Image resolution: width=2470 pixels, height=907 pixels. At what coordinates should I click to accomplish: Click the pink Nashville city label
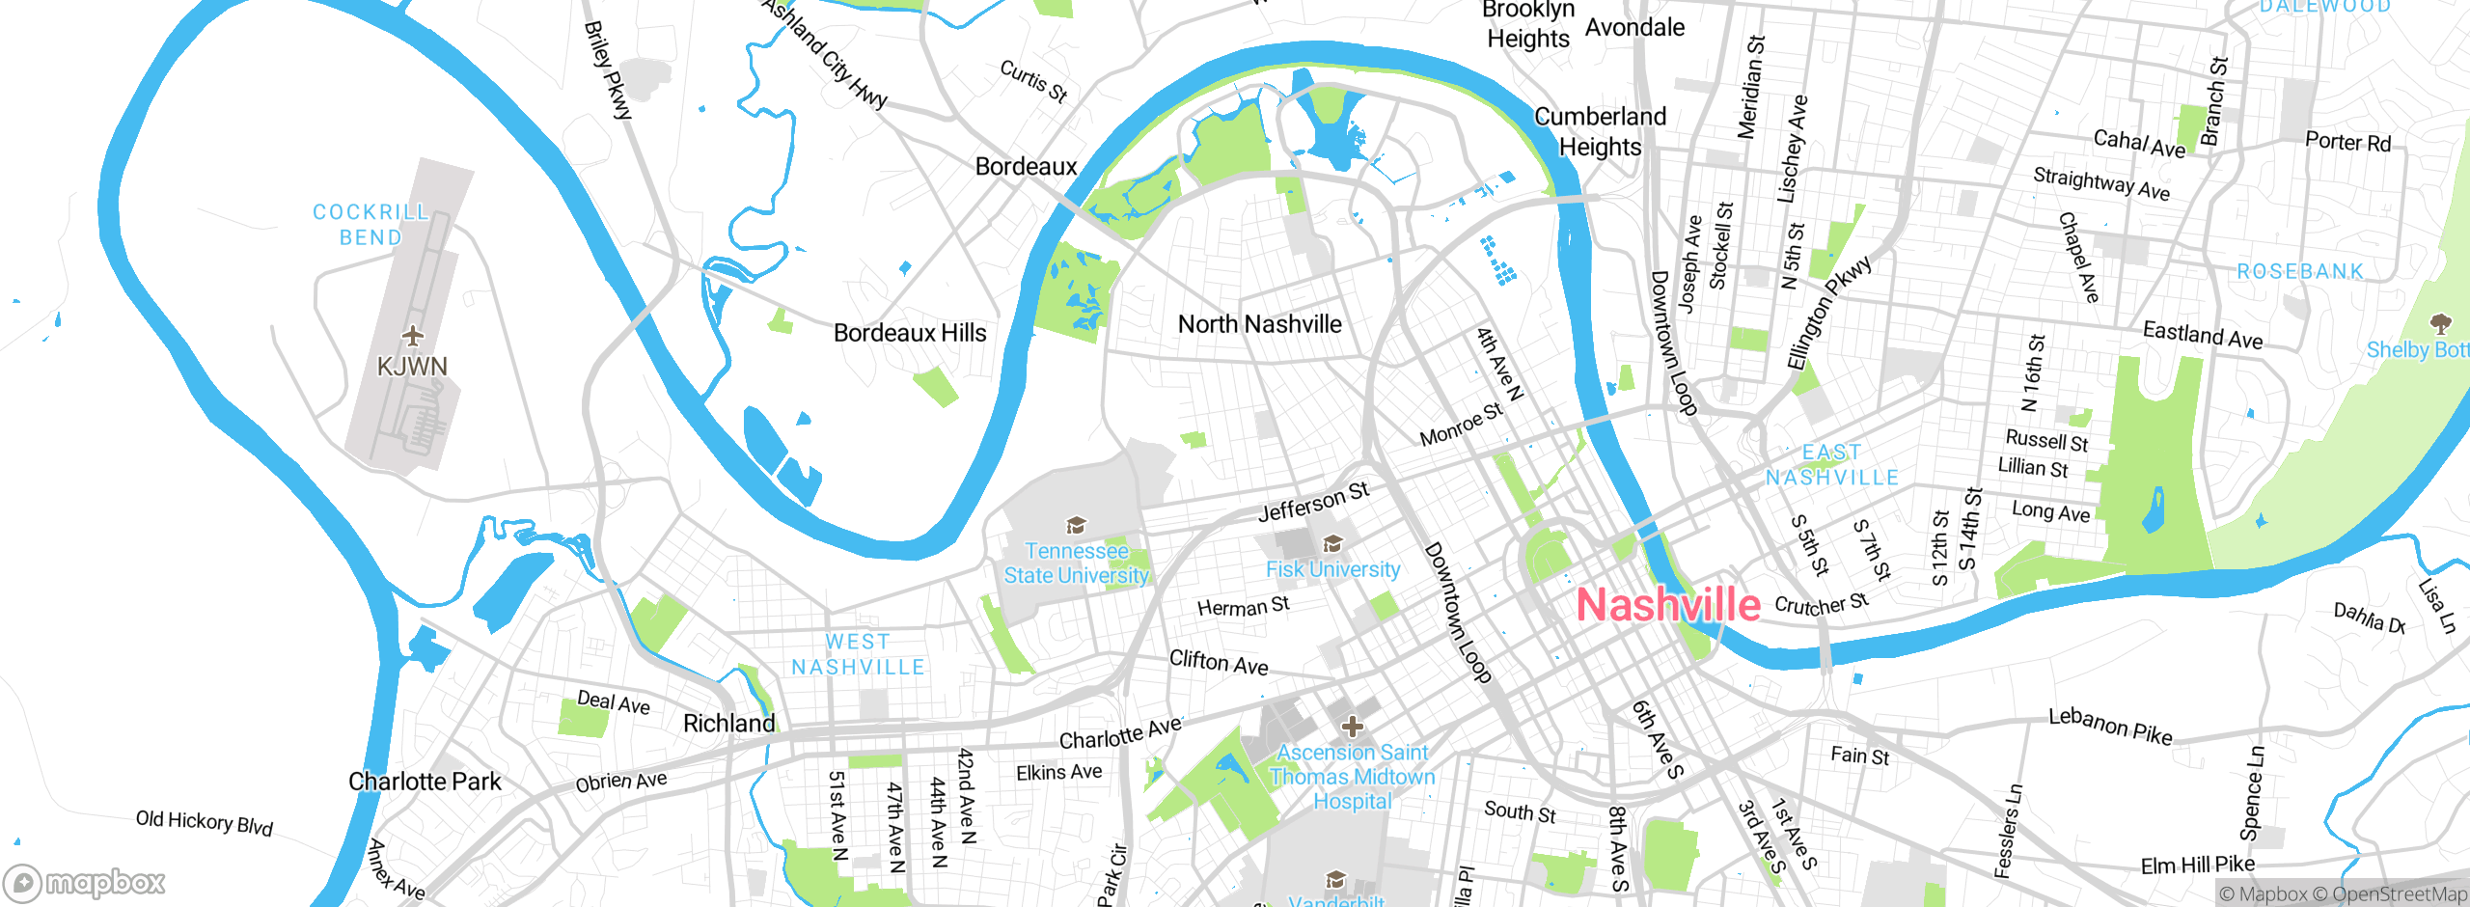coord(1667,605)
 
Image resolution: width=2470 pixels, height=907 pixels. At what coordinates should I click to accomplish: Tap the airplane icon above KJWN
coord(413,336)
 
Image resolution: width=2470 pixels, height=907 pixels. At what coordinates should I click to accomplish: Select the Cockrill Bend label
coord(370,225)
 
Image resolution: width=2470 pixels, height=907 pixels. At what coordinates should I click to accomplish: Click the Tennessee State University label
coord(1077,563)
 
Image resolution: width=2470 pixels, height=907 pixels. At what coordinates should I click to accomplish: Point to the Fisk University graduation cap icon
coord(1332,543)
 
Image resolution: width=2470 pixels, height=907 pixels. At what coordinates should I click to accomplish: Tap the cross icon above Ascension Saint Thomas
coord(1353,726)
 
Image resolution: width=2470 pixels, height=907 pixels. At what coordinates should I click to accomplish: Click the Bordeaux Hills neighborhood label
coord(910,333)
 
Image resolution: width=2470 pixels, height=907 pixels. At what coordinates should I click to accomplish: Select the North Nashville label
coord(1259,324)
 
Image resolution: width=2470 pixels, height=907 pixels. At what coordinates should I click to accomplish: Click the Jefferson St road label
coord(1313,503)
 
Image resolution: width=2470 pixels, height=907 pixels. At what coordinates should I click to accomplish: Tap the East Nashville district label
coord(1832,465)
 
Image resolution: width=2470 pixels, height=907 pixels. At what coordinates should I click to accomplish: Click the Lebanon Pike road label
coord(2110,726)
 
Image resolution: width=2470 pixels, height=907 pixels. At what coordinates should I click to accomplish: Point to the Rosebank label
coord(2300,272)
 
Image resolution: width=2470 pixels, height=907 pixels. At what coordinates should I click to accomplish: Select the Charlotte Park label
coord(425,782)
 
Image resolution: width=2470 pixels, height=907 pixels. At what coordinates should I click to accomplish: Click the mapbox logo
coord(85,883)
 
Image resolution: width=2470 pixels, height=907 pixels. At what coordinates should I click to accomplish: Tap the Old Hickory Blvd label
coord(205,823)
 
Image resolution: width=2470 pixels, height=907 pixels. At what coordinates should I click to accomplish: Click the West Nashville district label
coord(858,654)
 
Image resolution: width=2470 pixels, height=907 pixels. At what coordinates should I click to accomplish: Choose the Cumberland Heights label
coord(1601,132)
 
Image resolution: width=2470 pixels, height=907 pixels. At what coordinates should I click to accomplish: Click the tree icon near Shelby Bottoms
coord(2440,323)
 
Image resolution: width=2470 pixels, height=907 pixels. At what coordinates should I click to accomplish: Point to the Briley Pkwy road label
coord(608,70)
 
